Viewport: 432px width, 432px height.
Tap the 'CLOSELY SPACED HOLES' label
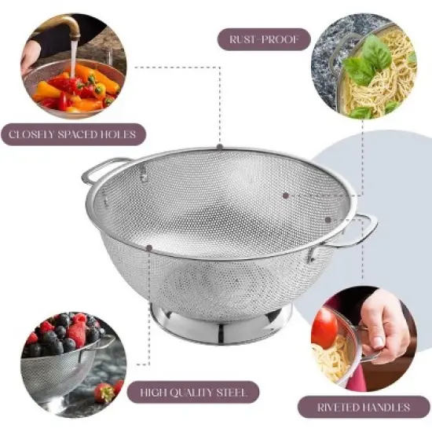pos(72,134)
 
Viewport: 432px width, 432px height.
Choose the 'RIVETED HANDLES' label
pos(365,408)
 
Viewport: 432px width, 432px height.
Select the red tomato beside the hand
pos(324,328)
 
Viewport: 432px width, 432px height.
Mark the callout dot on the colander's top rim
pos(220,147)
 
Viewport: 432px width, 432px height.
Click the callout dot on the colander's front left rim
pos(148,248)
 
